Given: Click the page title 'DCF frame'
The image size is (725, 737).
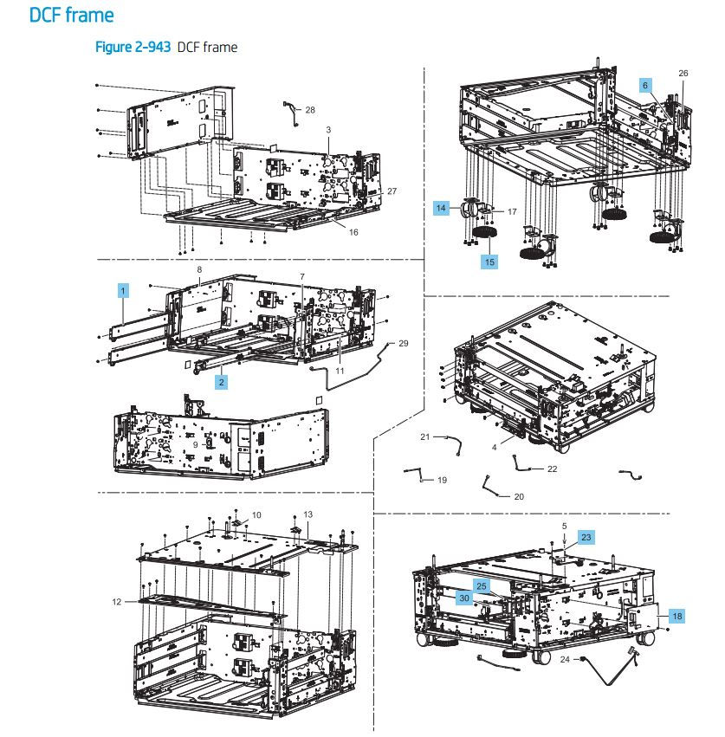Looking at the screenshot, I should point(71,16).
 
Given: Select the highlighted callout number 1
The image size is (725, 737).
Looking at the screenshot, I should point(124,292).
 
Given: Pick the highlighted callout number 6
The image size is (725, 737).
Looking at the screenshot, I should point(644,85).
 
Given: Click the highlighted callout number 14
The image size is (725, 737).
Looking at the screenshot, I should point(443,208).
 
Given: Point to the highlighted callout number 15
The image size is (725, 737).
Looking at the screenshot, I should point(489,260).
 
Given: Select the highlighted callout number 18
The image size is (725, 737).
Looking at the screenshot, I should point(676,616).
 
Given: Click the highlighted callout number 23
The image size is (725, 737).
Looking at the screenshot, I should point(586,537).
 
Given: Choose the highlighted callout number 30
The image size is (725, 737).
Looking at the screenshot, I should point(464,598).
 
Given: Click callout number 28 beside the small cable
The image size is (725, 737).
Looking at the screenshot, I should point(310,110).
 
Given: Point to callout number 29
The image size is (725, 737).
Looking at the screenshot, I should point(403,344).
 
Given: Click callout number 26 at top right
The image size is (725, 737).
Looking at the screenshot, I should point(683,74).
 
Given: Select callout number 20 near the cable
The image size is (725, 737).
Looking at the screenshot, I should point(519,497).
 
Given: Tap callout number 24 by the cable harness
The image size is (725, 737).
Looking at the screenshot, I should point(565,659).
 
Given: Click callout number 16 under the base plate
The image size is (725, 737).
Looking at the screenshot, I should point(353,232).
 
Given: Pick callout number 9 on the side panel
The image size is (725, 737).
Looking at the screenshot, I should point(196,444).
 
